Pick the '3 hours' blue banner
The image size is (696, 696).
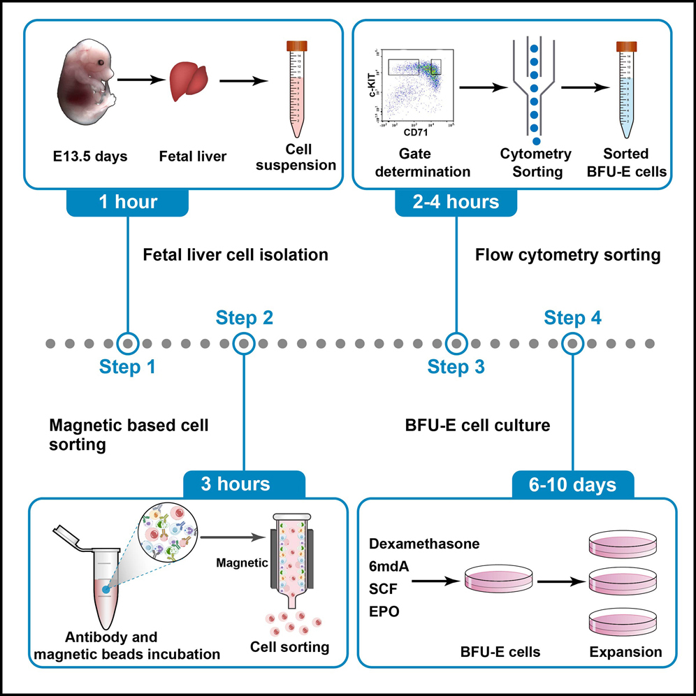pos(244,483)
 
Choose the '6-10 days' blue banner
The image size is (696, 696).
pos(573,483)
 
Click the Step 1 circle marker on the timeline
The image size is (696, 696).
pos(128,344)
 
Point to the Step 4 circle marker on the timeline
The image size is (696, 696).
pos(573,344)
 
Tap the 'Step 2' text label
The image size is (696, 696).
pos(244,319)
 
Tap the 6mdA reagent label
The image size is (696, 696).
pos(389,567)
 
